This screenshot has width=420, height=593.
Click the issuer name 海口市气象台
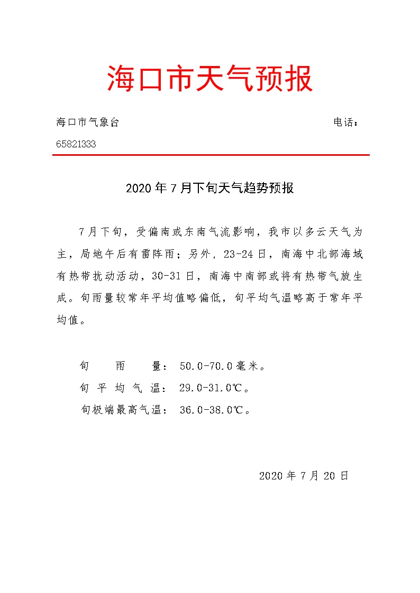[88, 123]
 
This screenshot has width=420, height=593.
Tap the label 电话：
[346, 123]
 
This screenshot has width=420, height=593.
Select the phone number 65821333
[76, 144]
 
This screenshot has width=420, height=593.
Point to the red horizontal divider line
[211, 155]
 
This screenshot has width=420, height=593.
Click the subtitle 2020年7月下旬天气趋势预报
[210, 188]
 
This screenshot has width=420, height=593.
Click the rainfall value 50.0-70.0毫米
[221, 366]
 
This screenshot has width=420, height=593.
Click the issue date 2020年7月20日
[304, 475]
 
